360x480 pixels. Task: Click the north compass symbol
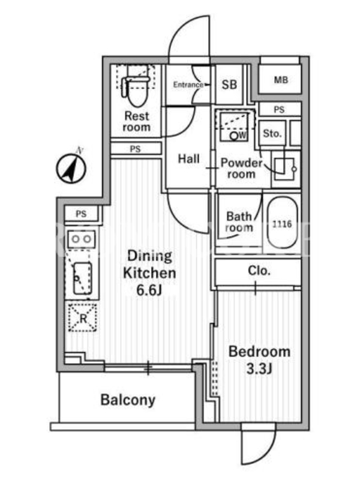[71, 168]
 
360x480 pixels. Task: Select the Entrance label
[188, 85]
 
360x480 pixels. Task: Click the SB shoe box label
[229, 85]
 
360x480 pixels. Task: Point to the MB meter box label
[281, 80]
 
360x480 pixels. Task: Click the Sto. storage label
[272, 133]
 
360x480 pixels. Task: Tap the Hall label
[188, 158]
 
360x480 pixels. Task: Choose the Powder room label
[242, 169]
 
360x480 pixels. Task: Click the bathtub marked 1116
[282, 223]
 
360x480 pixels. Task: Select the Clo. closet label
[259, 271]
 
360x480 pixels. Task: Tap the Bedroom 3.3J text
[259, 360]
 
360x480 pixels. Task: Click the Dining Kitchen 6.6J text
[149, 273]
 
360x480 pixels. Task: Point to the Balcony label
[128, 400]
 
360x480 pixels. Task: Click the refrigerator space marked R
[83, 317]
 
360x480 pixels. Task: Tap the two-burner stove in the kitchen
[82, 239]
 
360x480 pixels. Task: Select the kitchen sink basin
[82, 278]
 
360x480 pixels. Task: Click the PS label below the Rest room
[136, 149]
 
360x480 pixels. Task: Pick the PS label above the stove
[81, 214]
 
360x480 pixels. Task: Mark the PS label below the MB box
[279, 110]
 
